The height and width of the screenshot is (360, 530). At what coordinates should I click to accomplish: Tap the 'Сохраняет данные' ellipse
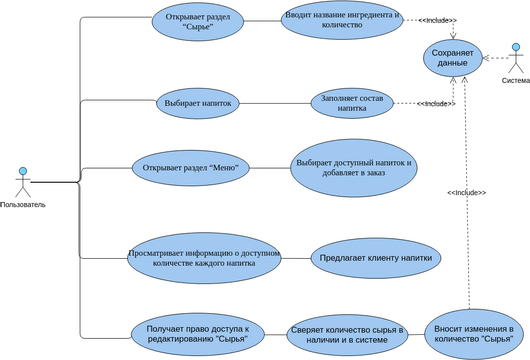pyautogui.click(x=453, y=57)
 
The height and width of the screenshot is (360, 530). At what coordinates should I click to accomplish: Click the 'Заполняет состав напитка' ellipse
pyautogui.click(x=352, y=102)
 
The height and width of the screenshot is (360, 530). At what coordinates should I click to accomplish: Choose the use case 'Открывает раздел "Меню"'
pyautogui.click(x=190, y=166)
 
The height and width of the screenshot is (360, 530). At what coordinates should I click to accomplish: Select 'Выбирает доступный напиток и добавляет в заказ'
pyautogui.click(x=352, y=169)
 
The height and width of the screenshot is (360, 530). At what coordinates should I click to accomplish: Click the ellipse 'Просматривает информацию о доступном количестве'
pyautogui.click(x=204, y=258)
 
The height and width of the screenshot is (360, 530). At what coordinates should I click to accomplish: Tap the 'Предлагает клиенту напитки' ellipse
pyautogui.click(x=377, y=257)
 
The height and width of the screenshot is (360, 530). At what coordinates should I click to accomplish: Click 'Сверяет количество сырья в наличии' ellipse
pyautogui.click(x=347, y=335)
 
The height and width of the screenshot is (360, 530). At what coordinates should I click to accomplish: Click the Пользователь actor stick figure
pyautogui.click(x=22, y=181)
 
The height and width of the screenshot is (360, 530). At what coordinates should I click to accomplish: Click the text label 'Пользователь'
pyautogui.click(x=23, y=204)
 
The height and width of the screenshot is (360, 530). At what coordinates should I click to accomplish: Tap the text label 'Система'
pyautogui.click(x=516, y=81)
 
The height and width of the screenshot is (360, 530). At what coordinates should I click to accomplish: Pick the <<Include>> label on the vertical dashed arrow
pyautogui.click(x=466, y=192)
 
